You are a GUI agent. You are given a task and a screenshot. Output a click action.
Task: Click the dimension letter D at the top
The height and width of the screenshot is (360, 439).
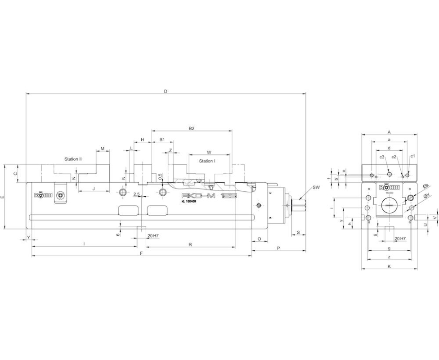click(x=166, y=91)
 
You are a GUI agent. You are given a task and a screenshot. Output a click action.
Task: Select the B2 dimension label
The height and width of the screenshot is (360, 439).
click(x=191, y=129)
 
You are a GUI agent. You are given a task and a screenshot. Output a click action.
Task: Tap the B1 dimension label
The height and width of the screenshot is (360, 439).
click(x=162, y=140)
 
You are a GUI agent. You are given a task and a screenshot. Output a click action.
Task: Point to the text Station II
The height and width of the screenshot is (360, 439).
click(x=73, y=159)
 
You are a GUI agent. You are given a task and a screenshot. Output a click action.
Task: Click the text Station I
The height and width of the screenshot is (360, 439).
click(x=207, y=161)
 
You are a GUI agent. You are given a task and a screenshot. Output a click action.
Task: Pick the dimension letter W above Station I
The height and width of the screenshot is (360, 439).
click(x=209, y=152)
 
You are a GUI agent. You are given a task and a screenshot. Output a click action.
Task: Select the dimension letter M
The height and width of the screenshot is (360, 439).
click(x=103, y=149)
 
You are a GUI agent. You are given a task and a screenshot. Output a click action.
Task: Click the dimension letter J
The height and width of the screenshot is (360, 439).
click(x=94, y=189)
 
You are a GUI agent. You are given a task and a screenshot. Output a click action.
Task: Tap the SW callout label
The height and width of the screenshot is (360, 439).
click(x=316, y=186)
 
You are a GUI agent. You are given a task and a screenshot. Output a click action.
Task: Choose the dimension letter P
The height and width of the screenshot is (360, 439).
click(x=278, y=248)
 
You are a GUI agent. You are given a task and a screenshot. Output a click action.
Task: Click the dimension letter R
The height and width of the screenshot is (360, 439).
click(x=191, y=245)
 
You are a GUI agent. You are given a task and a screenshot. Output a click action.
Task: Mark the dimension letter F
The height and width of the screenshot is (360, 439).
click(x=141, y=253)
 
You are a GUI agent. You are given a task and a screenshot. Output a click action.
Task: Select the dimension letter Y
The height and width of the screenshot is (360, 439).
click(x=29, y=237)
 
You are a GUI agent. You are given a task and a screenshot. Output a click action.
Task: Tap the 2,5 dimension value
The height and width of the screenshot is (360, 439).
click(x=137, y=194)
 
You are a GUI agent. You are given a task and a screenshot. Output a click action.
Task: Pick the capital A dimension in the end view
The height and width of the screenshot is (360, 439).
click(x=390, y=132)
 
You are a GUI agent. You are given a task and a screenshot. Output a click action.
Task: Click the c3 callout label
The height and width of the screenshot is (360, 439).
click(x=381, y=157)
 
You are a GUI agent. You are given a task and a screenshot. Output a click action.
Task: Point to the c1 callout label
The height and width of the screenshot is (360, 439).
click(x=412, y=156)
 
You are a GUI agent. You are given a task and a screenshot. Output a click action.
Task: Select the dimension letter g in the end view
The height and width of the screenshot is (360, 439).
click(x=389, y=248)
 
